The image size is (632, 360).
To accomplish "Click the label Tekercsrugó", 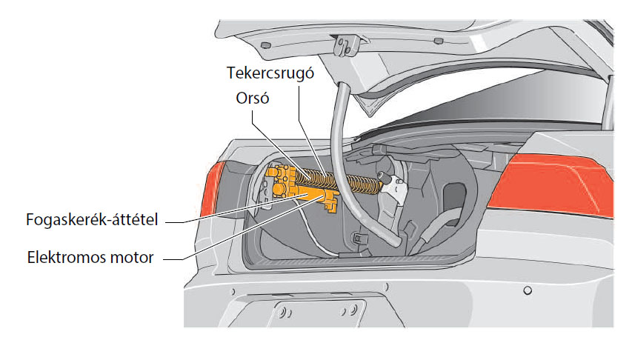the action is (270, 73).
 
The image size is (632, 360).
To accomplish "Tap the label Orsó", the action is (253, 99).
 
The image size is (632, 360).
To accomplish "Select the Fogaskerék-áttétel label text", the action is (92, 220).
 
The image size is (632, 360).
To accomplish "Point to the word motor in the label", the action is (132, 258).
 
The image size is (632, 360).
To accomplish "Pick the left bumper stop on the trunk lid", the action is (265, 44).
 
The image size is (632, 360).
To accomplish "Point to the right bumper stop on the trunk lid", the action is (439, 41).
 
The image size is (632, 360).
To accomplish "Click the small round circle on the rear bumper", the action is (528, 290).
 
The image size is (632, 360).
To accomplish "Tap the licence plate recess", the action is (319, 313).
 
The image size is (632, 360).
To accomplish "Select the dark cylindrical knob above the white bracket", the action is (383, 176).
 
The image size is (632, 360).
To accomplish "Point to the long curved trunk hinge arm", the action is (347, 170).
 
